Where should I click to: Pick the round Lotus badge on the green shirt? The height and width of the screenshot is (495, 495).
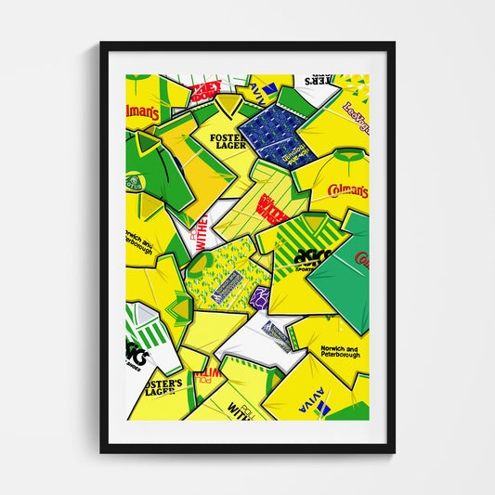tap(135, 183)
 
